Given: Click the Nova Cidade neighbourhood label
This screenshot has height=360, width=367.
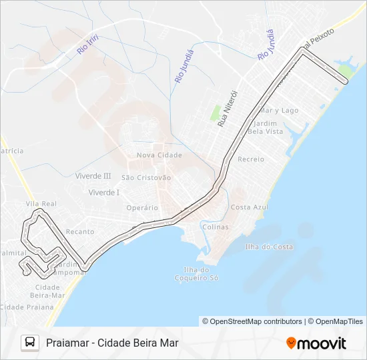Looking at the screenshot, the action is (159, 155).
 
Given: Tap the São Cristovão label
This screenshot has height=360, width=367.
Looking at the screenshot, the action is (146, 177).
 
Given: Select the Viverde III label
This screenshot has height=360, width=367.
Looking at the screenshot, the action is (93, 176).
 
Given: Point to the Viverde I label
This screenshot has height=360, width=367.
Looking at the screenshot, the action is (103, 192).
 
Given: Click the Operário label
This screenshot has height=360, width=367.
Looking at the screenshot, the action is (142, 207).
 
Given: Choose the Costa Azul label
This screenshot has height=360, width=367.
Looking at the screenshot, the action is (250, 207).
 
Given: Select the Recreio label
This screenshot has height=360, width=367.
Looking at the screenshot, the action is (251, 159).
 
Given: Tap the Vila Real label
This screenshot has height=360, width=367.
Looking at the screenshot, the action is (41, 203).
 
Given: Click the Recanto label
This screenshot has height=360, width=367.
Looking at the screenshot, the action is (80, 231).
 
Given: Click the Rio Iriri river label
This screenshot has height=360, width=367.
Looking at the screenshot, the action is (87, 44).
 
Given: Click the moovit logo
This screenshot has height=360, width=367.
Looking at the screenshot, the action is (316, 343).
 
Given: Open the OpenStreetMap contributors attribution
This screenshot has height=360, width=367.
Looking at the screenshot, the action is (252, 321).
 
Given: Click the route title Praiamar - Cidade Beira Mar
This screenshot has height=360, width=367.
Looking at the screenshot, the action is (112, 343).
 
